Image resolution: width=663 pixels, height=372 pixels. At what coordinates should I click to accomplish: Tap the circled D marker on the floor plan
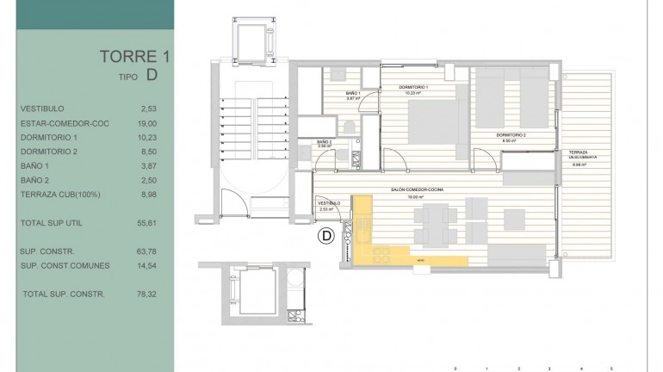tap(326, 235)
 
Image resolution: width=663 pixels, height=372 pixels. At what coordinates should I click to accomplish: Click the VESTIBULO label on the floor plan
tap(329, 204)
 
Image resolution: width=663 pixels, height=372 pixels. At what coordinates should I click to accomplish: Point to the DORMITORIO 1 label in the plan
tap(414, 88)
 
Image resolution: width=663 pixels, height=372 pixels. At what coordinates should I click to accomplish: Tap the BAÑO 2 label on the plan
tap(325, 142)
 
